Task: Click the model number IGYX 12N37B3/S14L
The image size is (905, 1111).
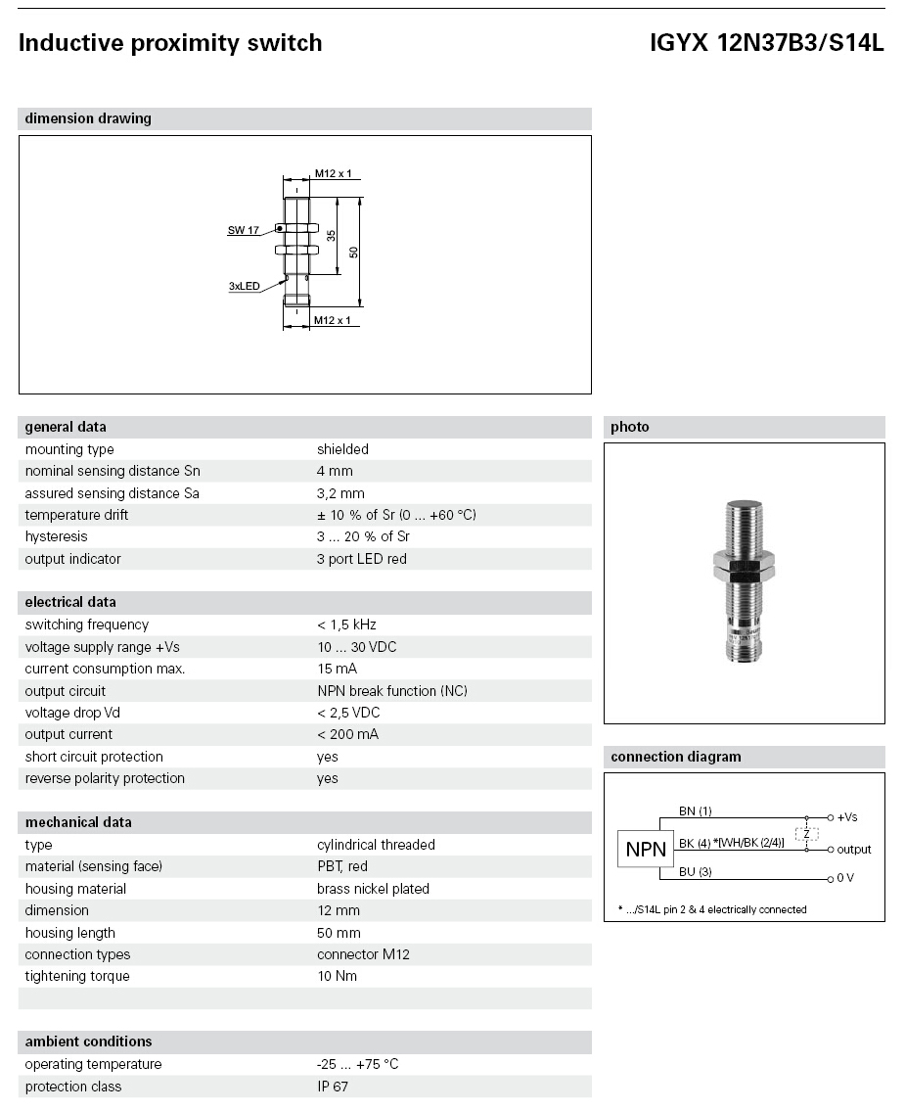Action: tap(767, 43)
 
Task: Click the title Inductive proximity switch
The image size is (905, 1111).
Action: tap(170, 43)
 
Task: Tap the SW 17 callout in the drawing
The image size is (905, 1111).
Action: tap(244, 230)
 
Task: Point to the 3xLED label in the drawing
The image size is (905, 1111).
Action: tap(245, 286)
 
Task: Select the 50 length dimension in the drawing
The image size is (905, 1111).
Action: tap(354, 252)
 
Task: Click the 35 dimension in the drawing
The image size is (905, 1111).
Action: tap(332, 236)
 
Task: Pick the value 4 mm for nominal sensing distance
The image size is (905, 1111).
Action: tap(335, 471)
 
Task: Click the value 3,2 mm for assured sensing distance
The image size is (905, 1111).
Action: tap(340, 493)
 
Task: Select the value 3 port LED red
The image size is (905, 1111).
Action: tap(361, 559)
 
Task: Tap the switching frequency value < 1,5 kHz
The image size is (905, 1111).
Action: tap(346, 625)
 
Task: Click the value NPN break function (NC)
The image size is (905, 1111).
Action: tap(391, 691)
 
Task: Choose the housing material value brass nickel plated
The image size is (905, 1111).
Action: tap(373, 889)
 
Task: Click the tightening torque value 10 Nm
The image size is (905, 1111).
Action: tap(337, 976)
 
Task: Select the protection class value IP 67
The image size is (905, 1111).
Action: tap(333, 1087)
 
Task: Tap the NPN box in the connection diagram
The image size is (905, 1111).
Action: tap(646, 850)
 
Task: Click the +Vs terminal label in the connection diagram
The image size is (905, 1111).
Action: tap(847, 816)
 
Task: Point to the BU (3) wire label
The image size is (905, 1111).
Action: tap(696, 871)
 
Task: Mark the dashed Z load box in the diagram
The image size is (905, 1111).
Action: tap(806, 834)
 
